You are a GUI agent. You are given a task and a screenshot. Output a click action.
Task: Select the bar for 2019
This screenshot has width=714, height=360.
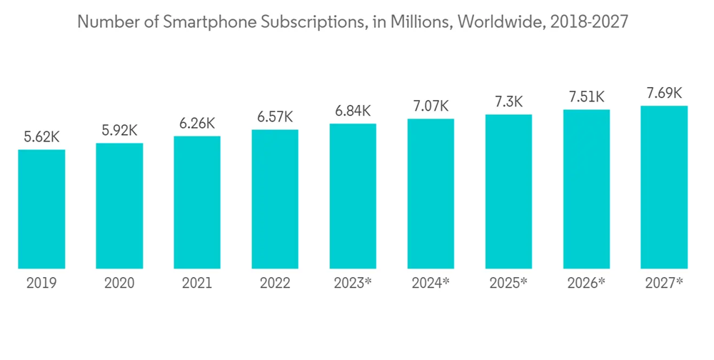[x=41, y=209]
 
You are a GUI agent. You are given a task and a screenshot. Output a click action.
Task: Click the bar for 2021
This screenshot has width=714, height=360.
[x=197, y=202]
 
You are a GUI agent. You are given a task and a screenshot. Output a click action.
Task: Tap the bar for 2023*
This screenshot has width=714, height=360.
[x=353, y=196]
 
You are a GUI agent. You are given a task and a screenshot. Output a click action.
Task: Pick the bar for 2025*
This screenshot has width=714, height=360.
[x=508, y=191]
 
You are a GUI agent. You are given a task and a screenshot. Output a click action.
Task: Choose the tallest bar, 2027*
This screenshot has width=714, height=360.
[x=664, y=186]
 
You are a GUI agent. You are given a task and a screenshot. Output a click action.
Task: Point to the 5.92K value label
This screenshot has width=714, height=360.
[x=119, y=131]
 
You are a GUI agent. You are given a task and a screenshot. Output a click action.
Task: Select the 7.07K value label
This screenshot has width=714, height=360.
[x=431, y=107]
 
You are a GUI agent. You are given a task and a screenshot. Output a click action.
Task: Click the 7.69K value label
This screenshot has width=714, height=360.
[x=664, y=94]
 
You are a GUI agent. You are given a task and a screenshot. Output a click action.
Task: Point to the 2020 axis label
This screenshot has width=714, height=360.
[x=119, y=284]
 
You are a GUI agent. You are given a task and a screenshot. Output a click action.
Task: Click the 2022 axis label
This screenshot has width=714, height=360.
[x=275, y=284]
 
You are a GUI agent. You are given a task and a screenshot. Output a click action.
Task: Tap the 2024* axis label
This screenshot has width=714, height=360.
[x=431, y=284]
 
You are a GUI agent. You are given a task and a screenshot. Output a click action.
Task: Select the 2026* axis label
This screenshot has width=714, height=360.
[x=586, y=284]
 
